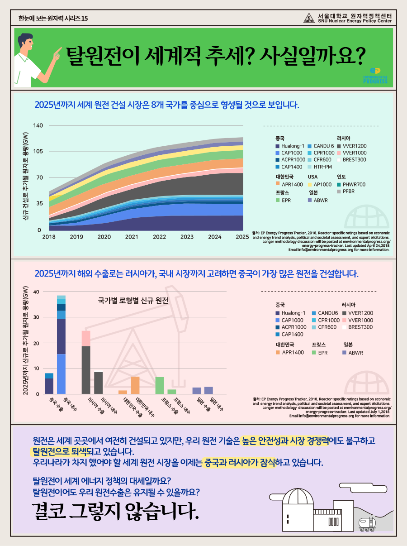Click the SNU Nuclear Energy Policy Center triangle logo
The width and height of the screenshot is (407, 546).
pos(309,18)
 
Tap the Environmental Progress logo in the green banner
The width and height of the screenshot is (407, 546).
pos(375,76)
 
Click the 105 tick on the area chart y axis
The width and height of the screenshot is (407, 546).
pos(38,151)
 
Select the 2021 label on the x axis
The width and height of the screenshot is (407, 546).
pos(132,237)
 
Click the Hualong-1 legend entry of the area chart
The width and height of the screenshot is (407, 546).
pos(290,146)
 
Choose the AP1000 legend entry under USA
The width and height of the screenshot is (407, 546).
pos(320,184)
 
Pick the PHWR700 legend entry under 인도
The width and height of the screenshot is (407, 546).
pos(351,184)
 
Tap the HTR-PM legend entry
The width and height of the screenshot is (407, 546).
pos(320,167)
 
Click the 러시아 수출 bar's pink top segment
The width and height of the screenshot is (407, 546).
pos(86,338)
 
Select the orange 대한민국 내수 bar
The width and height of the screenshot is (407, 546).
pos(135,385)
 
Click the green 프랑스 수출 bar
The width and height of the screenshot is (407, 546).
pos(160,386)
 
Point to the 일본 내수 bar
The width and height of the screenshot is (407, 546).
pos(208,390)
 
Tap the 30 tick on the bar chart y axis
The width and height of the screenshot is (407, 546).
pos(36,317)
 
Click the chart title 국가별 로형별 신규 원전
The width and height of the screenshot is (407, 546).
pos(133,301)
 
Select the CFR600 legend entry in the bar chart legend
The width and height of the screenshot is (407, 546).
pos(325,327)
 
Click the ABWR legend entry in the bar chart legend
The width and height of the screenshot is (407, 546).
pos(353,353)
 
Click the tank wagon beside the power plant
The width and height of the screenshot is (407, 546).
pos(367,524)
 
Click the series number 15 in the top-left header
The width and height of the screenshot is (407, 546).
pos(85,19)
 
